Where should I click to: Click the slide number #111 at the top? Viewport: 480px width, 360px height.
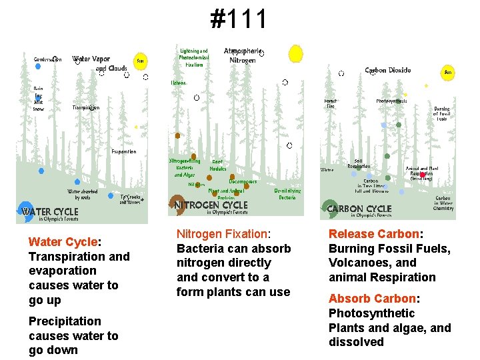(239, 19)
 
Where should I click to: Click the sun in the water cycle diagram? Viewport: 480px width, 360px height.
(140, 61)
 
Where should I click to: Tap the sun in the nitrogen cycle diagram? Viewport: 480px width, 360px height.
(295, 53)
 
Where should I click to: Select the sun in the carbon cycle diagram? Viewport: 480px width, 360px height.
(448, 72)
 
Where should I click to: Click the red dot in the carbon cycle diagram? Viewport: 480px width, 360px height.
(422, 175)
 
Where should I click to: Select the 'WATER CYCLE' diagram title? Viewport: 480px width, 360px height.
(51, 212)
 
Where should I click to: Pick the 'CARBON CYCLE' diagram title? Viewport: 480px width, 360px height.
(359, 209)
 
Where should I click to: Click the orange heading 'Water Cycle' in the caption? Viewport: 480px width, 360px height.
(63, 242)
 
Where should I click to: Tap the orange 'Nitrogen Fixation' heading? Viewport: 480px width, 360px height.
(222, 234)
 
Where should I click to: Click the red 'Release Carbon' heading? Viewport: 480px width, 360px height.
(373, 234)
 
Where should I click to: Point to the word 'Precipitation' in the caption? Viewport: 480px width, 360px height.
(65, 321)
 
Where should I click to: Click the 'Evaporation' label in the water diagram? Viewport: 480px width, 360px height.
(124, 151)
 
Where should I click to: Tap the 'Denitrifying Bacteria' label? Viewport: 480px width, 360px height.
(287, 194)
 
